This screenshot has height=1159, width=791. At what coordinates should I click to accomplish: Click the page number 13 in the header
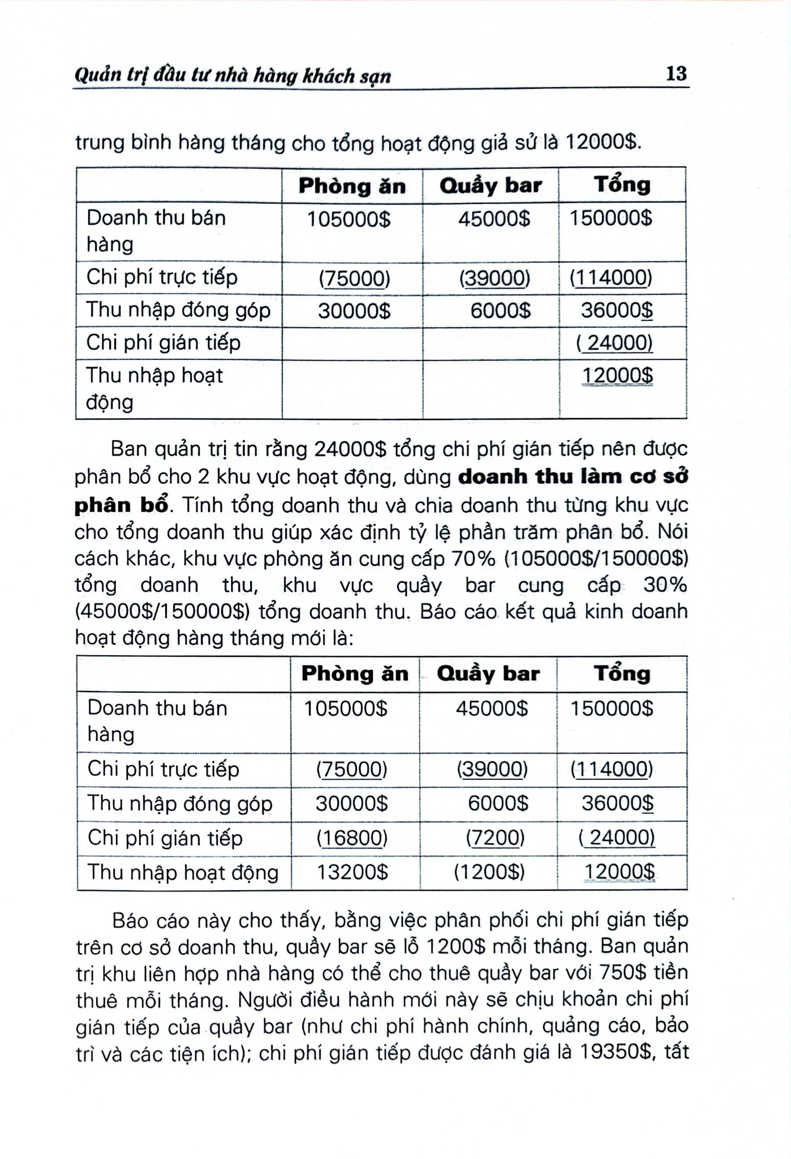tap(676, 74)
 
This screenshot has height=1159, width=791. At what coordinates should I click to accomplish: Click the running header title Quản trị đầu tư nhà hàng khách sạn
tap(233, 76)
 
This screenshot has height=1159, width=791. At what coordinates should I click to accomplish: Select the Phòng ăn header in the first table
tap(352, 186)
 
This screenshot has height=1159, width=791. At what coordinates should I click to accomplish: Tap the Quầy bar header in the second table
tap(488, 673)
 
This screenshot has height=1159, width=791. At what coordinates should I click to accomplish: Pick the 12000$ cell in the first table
tap(617, 375)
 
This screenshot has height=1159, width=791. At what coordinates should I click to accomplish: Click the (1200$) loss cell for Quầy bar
tap(489, 872)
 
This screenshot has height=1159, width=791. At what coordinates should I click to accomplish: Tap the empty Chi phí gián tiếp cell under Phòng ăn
tap(352, 343)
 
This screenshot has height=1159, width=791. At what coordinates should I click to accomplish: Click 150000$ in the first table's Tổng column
tap(611, 218)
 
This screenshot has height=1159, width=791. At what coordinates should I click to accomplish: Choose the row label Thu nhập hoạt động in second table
tap(183, 872)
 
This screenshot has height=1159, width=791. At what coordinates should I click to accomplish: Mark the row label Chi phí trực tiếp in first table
tap(162, 277)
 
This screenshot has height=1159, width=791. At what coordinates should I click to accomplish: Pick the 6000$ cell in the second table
tap(498, 804)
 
